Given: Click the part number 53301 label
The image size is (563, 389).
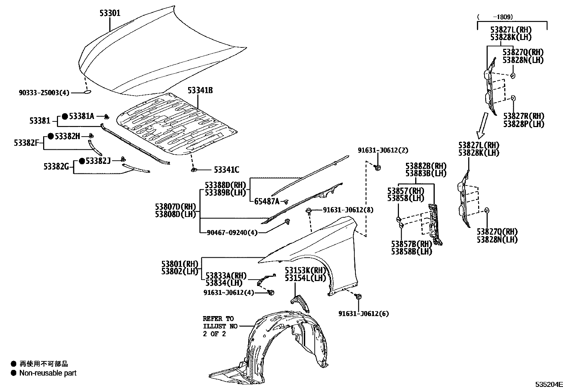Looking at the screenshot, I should click(x=110, y=13).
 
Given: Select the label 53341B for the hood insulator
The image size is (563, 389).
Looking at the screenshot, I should click(x=200, y=90).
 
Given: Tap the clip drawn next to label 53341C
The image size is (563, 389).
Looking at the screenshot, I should click(x=194, y=170).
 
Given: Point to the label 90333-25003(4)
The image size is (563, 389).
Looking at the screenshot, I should click(x=44, y=93).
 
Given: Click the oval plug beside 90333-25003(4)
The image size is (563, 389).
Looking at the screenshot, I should click(x=87, y=92).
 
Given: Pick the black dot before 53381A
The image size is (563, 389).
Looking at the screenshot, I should click(x=65, y=116).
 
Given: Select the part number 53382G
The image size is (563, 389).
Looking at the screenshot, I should click(x=56, y=166).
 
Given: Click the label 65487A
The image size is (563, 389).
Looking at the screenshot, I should click(x=267, y=201).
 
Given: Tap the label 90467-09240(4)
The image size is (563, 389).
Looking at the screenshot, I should click(x=232, y=233).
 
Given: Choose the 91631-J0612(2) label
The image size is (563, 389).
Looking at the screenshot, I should click(x=383, y=150).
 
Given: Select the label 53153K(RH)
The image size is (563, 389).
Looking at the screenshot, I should click(x=305, y=270).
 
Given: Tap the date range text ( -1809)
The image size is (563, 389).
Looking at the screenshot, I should click(x=495, y=17).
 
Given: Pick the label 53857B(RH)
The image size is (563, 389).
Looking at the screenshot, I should click(x=412, y=244).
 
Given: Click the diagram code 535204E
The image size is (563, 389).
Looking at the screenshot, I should click(x=548, y=384).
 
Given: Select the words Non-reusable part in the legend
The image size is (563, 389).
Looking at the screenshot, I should click(x=48, y=373).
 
